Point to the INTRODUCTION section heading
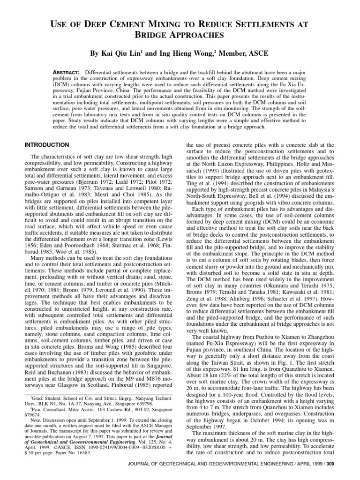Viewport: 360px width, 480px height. [46, 144]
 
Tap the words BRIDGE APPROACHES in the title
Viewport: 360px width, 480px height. [180, 35]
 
